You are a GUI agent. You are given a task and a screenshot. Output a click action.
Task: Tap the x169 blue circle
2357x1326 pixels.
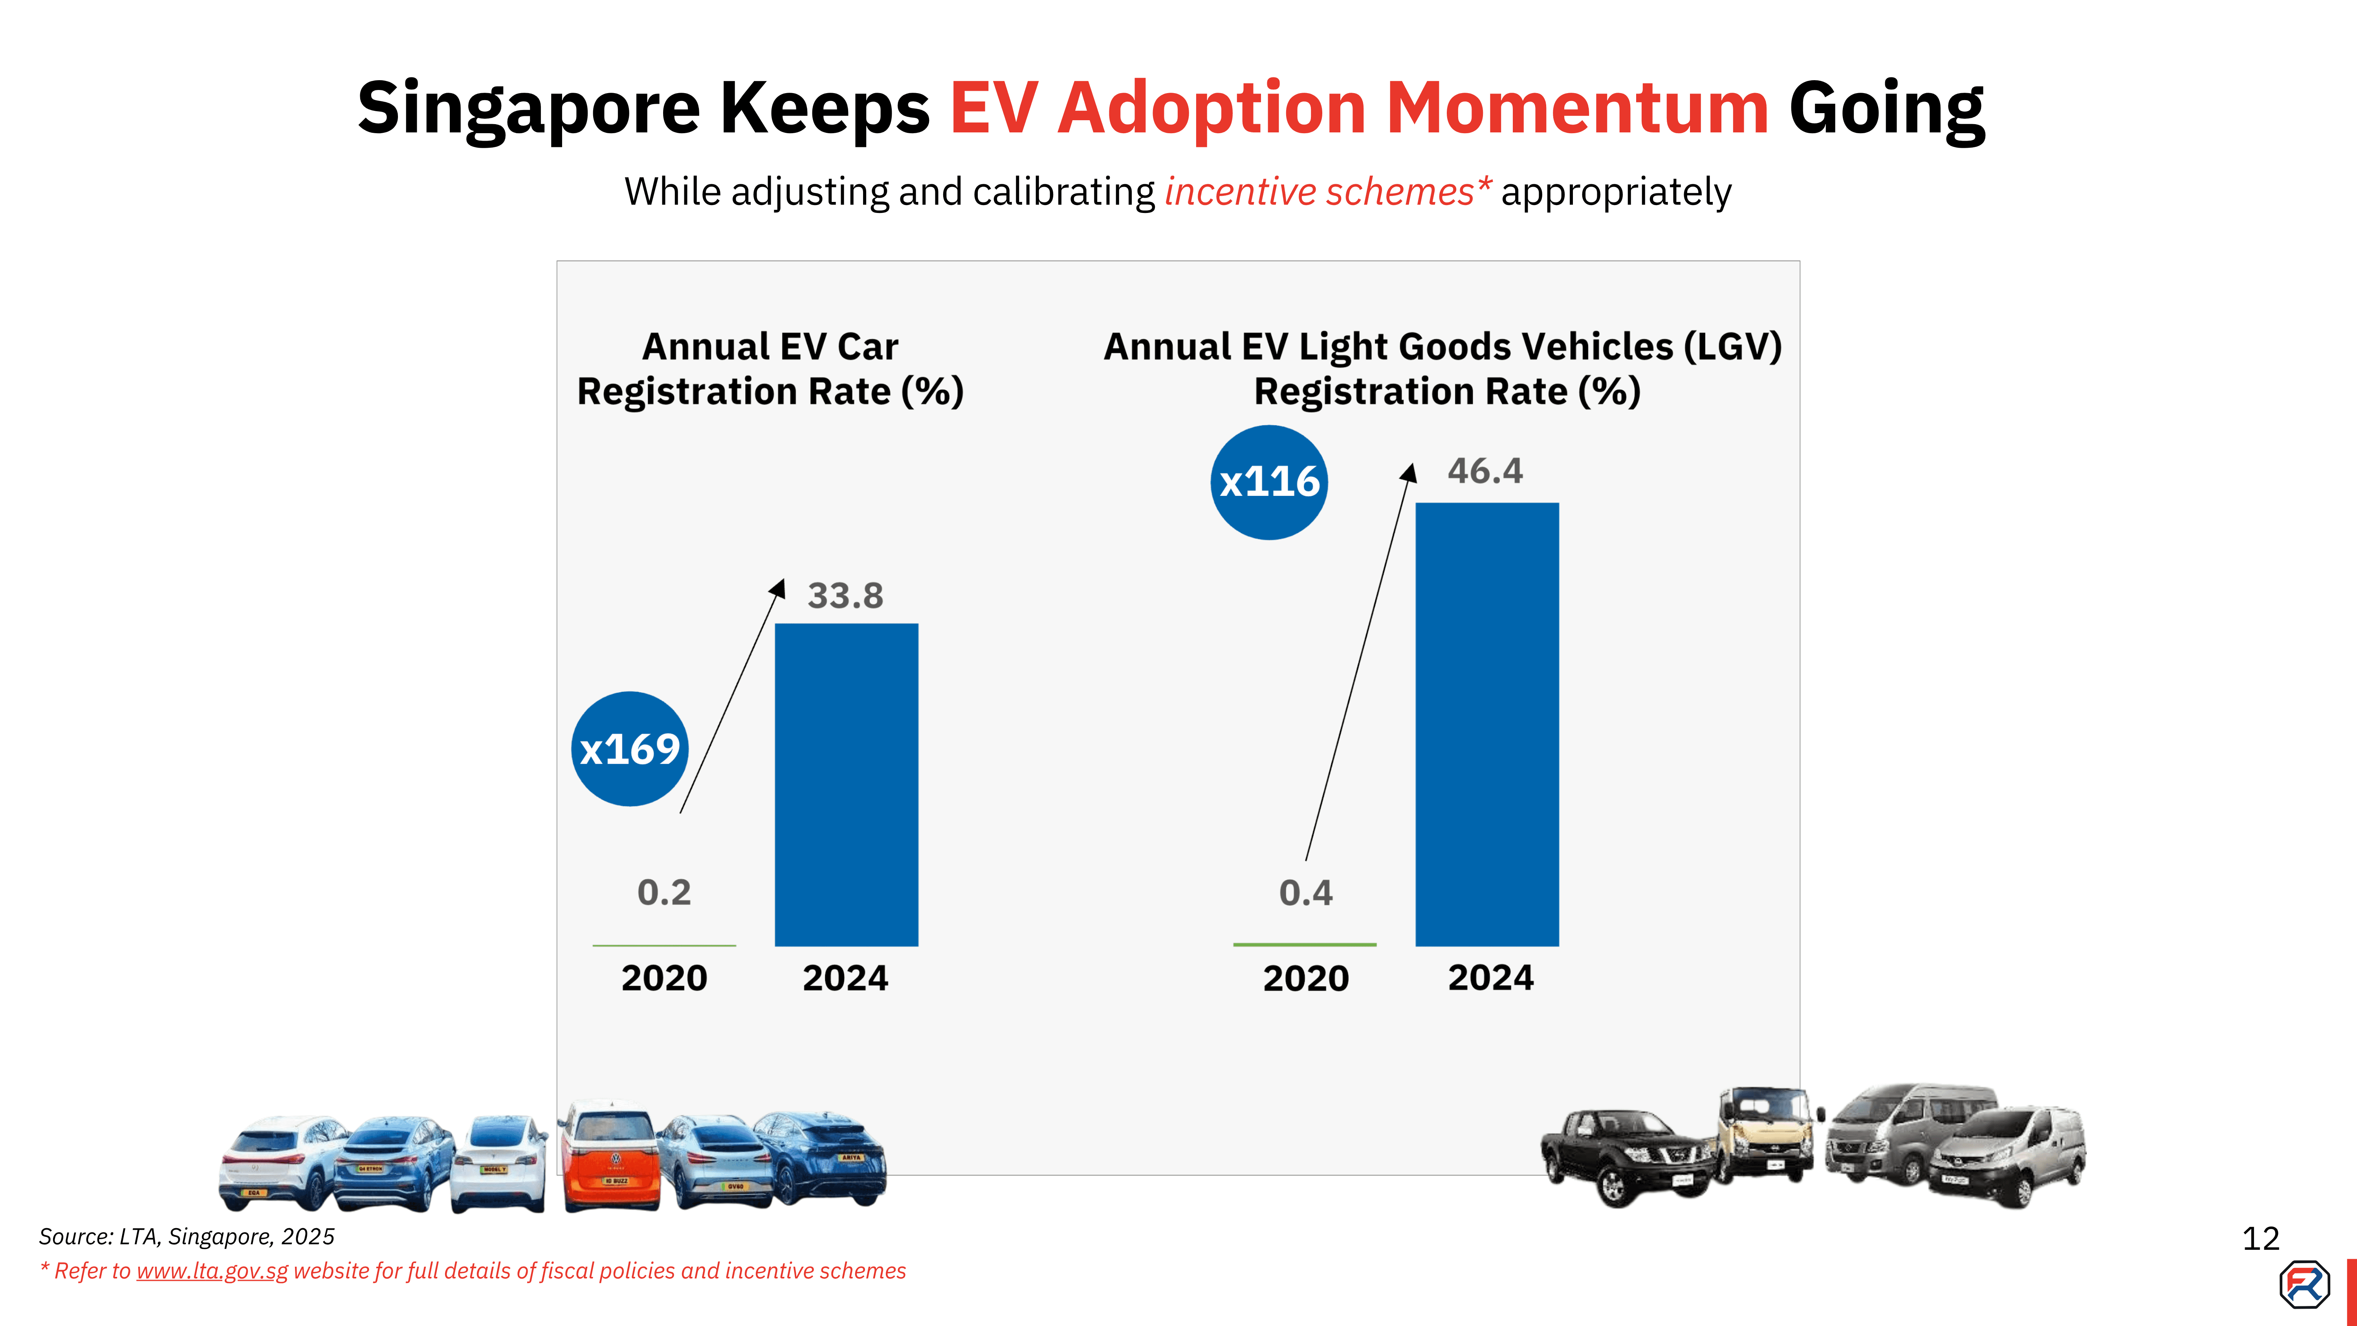629,748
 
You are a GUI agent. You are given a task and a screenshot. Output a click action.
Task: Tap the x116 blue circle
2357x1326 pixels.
1269,482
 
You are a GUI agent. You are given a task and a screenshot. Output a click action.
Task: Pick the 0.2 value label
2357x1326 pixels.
664,892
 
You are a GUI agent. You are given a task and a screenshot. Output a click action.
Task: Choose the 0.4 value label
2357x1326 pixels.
1306,892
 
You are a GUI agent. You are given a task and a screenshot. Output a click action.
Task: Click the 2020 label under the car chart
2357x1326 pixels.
664,978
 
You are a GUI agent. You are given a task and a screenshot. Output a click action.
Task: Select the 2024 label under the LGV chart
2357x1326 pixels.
1490,978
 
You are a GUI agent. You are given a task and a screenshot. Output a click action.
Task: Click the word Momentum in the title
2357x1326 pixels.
1578,108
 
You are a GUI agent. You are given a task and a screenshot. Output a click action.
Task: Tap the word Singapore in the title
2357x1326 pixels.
528,108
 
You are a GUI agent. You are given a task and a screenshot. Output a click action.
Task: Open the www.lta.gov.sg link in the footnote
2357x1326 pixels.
212,1271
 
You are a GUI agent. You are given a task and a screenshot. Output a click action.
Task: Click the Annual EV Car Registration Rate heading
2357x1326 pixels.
770,369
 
